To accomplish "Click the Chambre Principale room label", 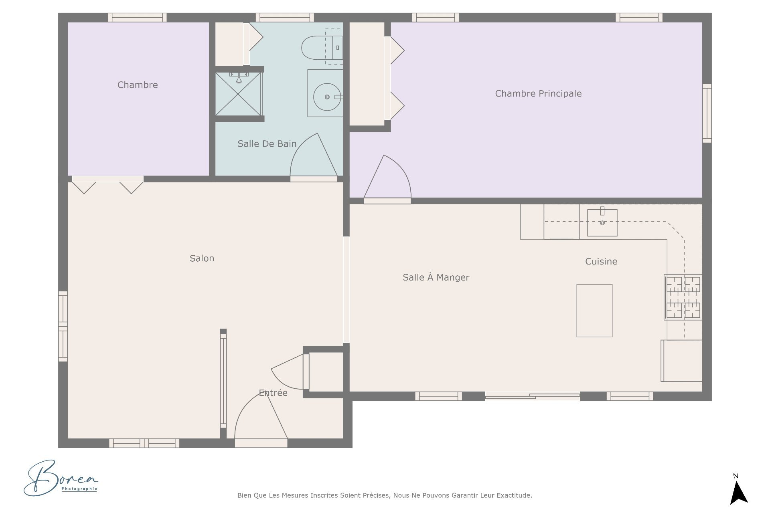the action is (x=538, y=93).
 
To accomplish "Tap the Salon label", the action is (x=202, y=259).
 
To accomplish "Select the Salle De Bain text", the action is (x=267, y=143).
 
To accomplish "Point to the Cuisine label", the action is (x=601, y=261).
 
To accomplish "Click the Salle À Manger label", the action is (x=436, y=277).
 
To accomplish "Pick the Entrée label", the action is (x=273, y=393).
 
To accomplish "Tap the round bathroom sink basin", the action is (x=327, y=97).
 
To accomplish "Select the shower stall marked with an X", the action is (x=238, y=94).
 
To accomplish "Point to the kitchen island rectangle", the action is (x=594, y=311).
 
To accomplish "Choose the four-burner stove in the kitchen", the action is (x=683, y=297).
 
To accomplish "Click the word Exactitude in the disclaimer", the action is (x=514, y=495).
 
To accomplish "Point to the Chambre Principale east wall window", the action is (x=707, y=113).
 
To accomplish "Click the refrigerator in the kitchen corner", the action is (x=682, y=361).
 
